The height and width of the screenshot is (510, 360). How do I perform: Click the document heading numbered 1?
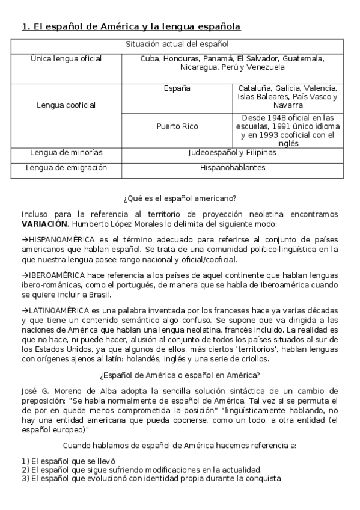pos(131,26)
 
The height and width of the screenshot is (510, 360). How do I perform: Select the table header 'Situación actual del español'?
pos(177,44)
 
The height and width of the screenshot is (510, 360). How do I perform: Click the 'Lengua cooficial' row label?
pos(66,105)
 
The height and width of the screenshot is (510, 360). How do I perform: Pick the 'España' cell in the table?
pos(177,89)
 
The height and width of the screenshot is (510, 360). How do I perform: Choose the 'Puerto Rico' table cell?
pos(177,127)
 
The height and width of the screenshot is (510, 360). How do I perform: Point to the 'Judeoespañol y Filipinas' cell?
pos(232,153)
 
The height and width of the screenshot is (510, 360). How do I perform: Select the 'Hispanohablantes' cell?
pos(232,167)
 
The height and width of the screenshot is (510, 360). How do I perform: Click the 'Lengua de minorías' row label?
pos(66,153)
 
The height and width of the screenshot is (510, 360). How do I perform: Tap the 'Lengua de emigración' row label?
pos(66,167)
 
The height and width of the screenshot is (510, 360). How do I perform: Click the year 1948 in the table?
pos(274,118)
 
